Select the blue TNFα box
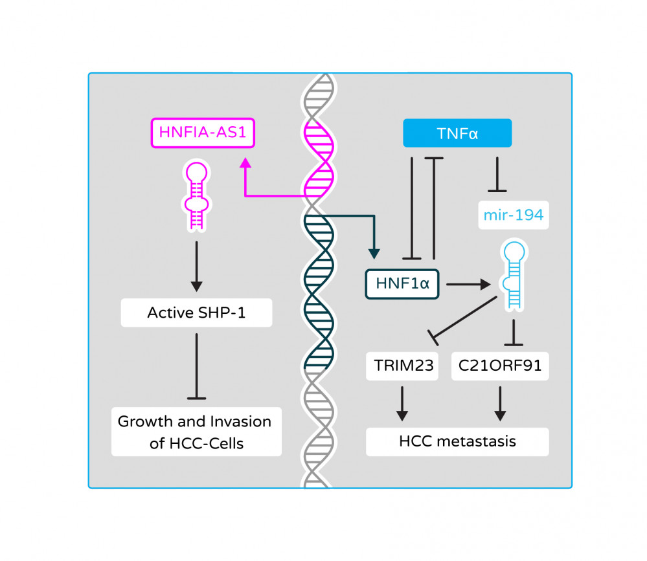[x=457, y=133]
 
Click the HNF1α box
[x=402, y=283]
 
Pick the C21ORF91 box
[x=499, y=366]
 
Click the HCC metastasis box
[x=457, y=441]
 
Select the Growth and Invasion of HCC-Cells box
[x=195, y=432]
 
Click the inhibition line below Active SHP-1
[x=197, y=366]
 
